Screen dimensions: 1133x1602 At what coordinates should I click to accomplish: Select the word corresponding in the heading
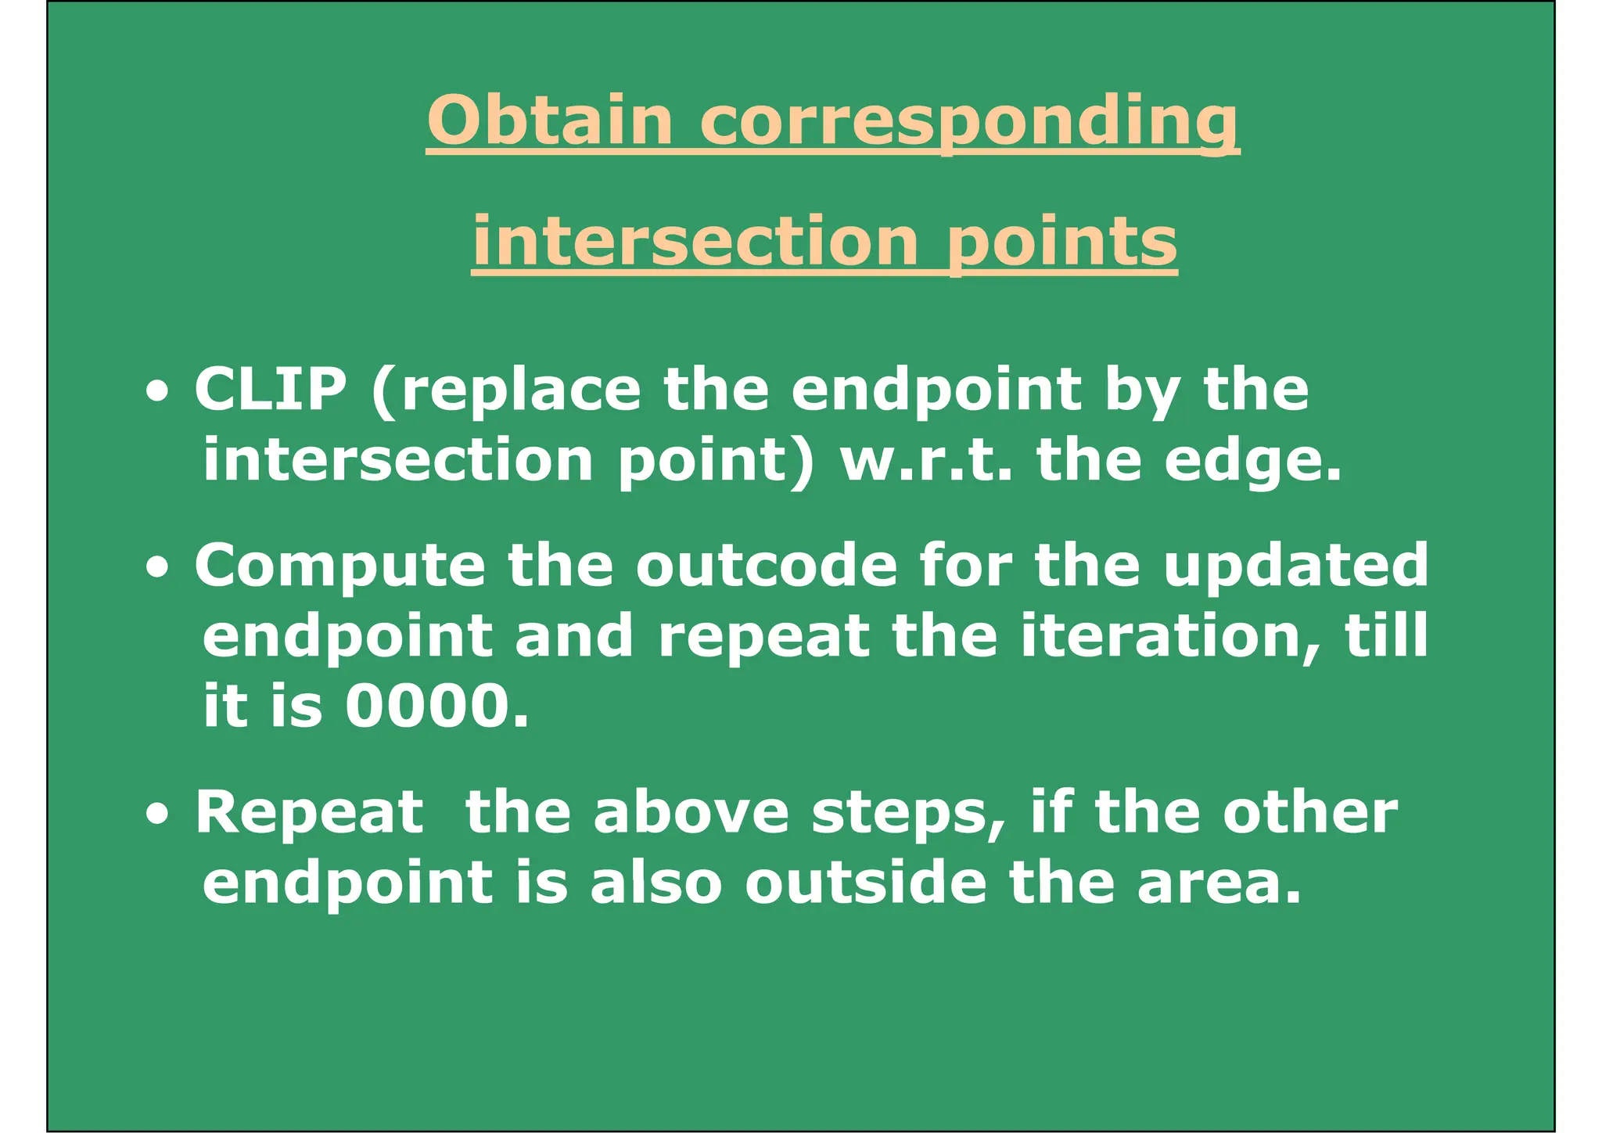(969, 121)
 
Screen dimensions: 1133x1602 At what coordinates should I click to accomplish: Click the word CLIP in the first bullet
(270, 389)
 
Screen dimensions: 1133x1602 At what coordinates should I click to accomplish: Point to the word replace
(519, 390)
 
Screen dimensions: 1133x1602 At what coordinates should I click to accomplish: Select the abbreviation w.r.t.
(926, 460)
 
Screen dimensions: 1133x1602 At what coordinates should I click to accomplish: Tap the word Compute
(340, 566)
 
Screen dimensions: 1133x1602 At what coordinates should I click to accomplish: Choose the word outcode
(767, 565)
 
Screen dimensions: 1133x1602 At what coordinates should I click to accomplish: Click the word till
(1385, 635)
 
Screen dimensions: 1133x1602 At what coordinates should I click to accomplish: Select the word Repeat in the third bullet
(309, 813)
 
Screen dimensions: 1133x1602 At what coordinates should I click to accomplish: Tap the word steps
(908, 813)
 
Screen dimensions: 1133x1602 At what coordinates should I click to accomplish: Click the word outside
(866, 883)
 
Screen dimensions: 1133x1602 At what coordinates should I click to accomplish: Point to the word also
(656, 883)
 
